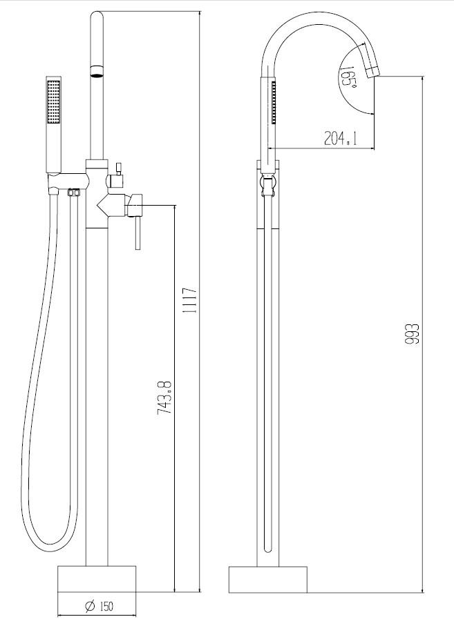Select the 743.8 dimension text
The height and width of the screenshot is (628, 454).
pyautogui.click(x=164, y=398)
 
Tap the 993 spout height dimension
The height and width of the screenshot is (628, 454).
pyautogui.click(x=413, y=334)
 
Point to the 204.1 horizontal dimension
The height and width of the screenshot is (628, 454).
pyautogui.click(x=340, y=139)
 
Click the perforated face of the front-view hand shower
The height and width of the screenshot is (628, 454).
pyautogui.click(x=53, y=101)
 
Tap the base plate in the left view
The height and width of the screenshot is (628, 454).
pyautogui.click(x=97, y=579)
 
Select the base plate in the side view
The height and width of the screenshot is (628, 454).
pyautogui.click(x=268, y=580)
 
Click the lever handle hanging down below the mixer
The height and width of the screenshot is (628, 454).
pyautogui.click(x=138, y=233)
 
